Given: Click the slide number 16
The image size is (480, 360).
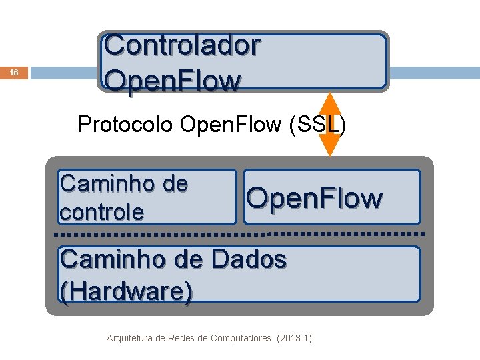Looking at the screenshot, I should (x=15, y=73).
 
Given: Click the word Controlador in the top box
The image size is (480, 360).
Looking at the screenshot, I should (x=182, y=46).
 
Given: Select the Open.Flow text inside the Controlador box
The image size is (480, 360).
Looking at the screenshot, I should (x=172, y=81).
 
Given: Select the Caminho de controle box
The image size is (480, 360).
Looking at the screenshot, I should (x=147, y=197).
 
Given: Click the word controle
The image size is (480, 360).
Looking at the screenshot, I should (x=101, y=212).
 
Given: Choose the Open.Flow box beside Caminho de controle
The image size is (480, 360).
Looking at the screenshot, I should (x=332, y=197).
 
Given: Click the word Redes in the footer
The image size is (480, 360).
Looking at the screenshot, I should (x=180, y=338).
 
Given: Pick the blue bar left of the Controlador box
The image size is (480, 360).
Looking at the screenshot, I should (x=64, y=72).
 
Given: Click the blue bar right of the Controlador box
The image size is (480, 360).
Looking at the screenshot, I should (x=434, y=73).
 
